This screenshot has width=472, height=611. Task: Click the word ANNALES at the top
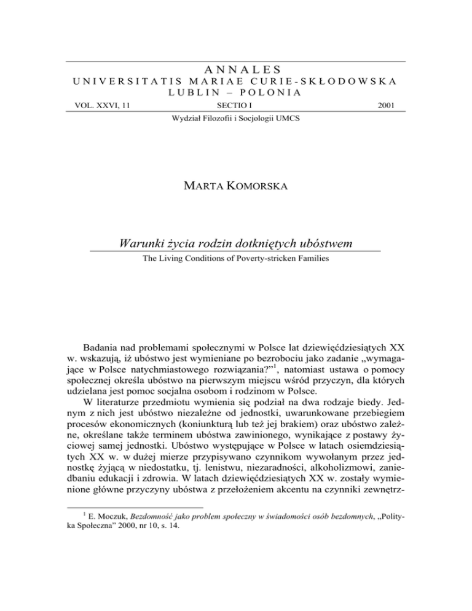click(x=235, y=69)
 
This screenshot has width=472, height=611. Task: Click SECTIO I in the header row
click(x=235, y=106)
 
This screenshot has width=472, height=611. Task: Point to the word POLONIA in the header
click(x=269, y=93)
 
